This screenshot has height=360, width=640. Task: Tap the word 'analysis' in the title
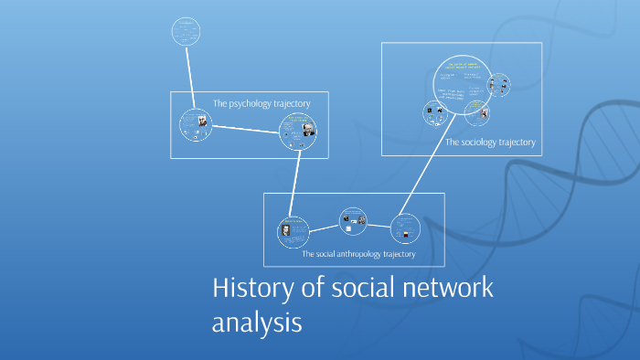[256, 322]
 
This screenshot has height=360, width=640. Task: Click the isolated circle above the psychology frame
[186, 32]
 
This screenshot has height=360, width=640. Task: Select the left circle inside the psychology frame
[195, 125]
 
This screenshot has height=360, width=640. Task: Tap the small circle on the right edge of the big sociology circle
[498, 86]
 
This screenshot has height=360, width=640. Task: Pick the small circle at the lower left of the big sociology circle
[434, 113]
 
